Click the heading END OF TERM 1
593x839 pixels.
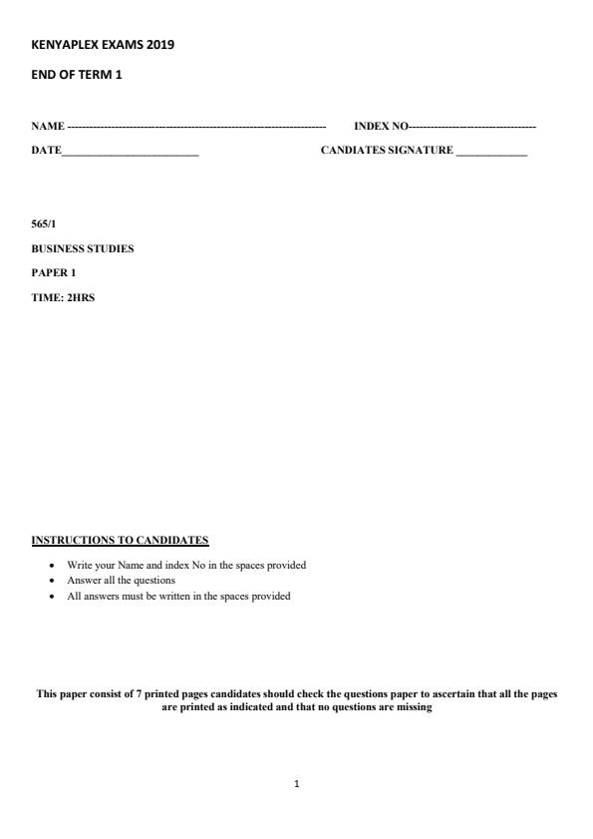pos(76,75)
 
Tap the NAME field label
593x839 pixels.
pos(47,127)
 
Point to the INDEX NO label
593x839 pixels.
pos(381,127)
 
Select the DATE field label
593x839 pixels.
pos(46,151)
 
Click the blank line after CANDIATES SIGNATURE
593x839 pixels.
pos(491,153)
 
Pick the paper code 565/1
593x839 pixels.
pos(44,224)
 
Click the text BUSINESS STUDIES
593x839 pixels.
pos(82,248)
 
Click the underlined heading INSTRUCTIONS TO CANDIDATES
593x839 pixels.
pos(120,541)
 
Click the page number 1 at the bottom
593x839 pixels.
pos(296,784)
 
